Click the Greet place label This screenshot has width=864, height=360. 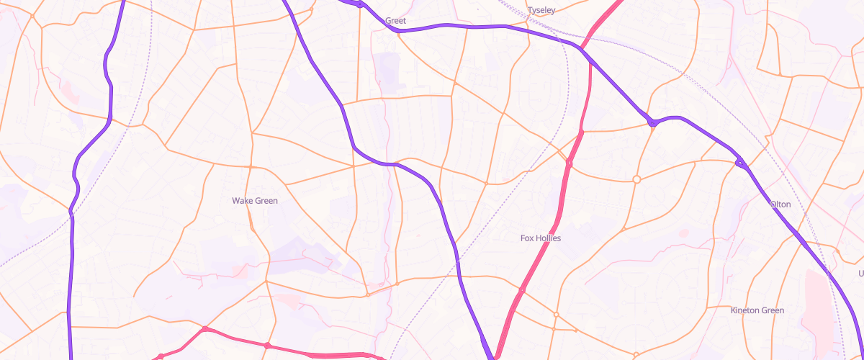click(x=396, y=21)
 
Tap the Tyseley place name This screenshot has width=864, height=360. click(x=541, y=10)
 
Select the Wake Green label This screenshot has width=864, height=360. click(x=255, y=201)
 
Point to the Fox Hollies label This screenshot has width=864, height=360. click(x=541, y=238)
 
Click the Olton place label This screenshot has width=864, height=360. click(x=780, y=204)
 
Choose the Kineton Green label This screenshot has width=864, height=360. click(x=757, y=310)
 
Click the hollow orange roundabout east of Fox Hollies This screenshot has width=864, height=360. click(x=636, y=179)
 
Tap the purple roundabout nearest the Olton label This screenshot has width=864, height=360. click(x=739, y=163)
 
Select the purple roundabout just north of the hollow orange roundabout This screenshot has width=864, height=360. click(x=652, y=122)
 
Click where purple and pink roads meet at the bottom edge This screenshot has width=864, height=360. click(x=495, y=356)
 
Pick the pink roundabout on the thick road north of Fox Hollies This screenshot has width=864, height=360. click(x=569, y=164)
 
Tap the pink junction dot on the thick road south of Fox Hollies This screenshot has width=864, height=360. click(x=523, y=290)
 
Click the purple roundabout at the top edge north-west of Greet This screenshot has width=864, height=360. click(x=359, y=4)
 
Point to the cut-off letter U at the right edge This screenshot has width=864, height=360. click(x=860, y=274)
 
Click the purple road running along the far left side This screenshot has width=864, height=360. click(x=71, y=288)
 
